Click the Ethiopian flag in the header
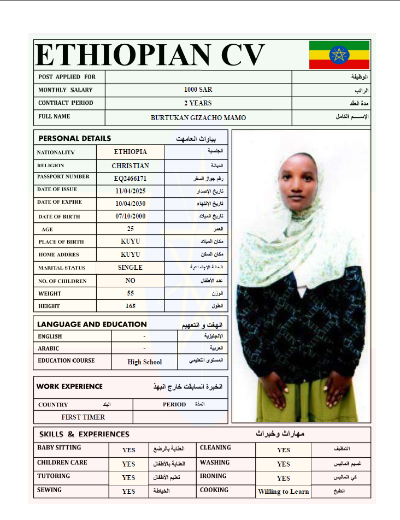pyautogui.click(x=339, y=55)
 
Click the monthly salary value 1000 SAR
pyautogui.click(x=198, y=90)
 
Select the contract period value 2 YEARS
pyautogui.click(x=198, y=103)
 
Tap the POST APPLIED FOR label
pyautogui.click(x=67, y=77)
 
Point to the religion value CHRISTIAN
pyautogui.click(x=131, y=166)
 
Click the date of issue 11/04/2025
pyautogui.click(x=131, y=191)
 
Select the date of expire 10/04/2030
pyautogui.click(x=131, y=204)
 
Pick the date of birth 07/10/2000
pyautogui.click(x=131, y=216)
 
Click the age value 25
pyautogui.click(x=131, y=229)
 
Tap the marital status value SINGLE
pyautogui.click(x=130, y=268)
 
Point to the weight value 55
pyautogui.click(x=131, y=293)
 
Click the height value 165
pyautogui.click(x=131, y=306)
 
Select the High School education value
pyautogui.click(x=145, y=362)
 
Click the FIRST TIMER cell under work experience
pyautogui.click(x=83, y=417)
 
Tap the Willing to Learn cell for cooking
pyautogui.click(x=283, y=492)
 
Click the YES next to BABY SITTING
pyautogui.click(x=128, y=450)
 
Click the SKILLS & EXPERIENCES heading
pyautogui.click(x=84, y=434)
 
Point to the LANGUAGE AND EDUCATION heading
pyautogui.click(x=92, y=324)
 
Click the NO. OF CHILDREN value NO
pyautogui.click(x=130, y=280)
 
